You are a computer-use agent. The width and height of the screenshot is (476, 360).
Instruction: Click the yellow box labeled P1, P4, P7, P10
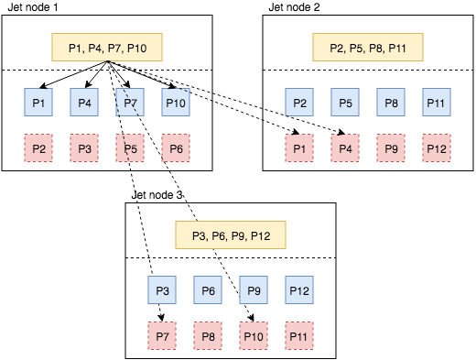[x=107, y=48]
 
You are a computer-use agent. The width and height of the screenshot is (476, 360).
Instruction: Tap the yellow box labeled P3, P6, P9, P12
[x=230, y=236]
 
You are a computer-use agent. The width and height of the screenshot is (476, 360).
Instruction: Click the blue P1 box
[x=38, y=102]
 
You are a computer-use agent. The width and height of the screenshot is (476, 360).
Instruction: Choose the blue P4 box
[x=84, y=102]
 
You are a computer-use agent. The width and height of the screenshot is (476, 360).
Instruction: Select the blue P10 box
[x=176, y=102]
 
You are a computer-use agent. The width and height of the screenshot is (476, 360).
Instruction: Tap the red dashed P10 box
[x=253, y=337]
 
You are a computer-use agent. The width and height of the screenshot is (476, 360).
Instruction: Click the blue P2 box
[x=298, y=102]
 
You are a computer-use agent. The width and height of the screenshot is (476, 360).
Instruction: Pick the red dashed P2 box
[x=38, y=147]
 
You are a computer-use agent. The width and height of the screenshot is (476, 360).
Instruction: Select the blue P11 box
[x=436, y=102]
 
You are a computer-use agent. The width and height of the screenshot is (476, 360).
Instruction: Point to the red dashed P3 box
[x=84, y=147]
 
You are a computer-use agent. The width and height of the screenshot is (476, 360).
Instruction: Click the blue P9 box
[x=253, y=291]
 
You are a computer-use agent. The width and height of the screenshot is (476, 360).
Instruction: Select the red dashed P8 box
[x=207, y=337]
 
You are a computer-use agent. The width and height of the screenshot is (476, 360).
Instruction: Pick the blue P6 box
[x=207, y=291]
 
